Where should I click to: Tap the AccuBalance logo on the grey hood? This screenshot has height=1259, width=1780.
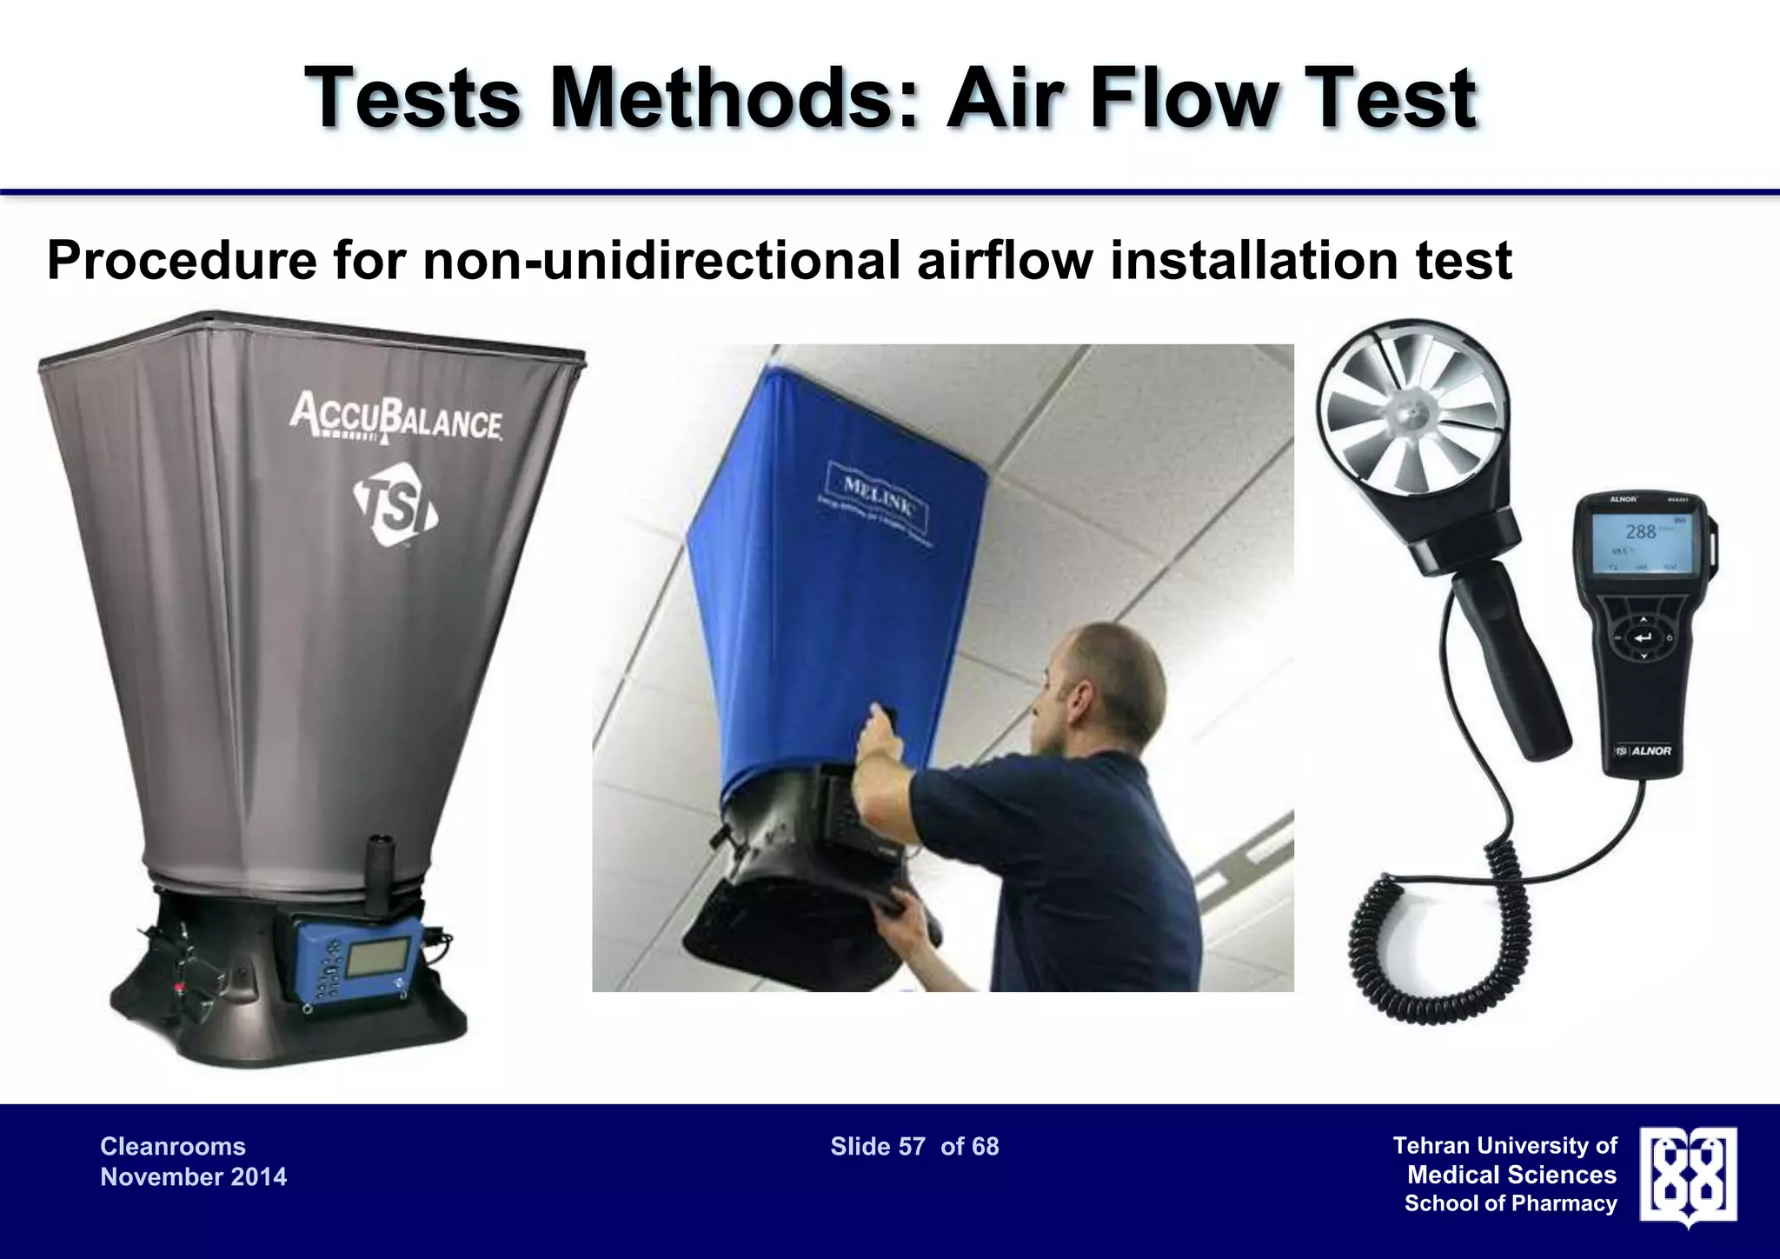tap(395, 417)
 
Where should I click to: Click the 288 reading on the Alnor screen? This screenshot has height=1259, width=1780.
tap(1640, 531)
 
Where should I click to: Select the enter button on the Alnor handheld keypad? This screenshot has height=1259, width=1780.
tap(1642, 639)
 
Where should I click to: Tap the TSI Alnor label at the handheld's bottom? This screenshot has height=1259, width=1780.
tap(1643, 750)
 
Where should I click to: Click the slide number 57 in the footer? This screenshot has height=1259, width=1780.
tap(912, 1147)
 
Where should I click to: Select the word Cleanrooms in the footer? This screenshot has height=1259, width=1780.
tap(173, 1146)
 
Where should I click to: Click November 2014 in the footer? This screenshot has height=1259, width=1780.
tap(193, 1176)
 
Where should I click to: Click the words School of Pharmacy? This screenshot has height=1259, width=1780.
tap(1511, 1203)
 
